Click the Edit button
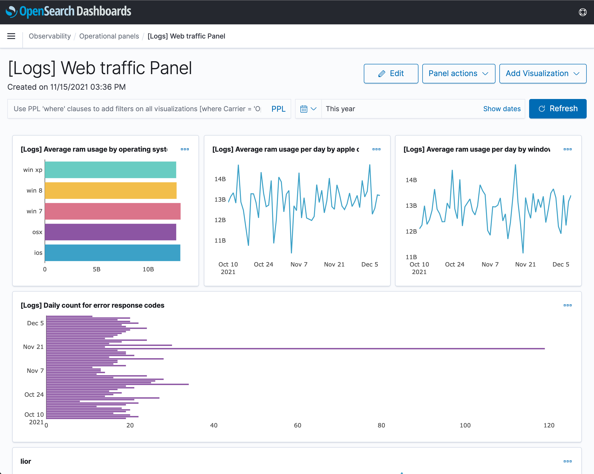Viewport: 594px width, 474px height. click(x=391, y=74)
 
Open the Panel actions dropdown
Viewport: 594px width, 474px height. click(x=458, y=74)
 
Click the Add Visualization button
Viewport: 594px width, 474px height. click(x=543, y=74)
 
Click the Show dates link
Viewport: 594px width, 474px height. click(x=502, y=109)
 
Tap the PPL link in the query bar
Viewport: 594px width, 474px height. click(x=278, y=109)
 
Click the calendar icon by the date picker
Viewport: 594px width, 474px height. click(x=304, y=109)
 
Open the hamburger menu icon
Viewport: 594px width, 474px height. click(x=11, y=36)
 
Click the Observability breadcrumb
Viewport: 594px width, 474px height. click(x=49, y=36)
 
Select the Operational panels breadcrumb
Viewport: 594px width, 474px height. click(x=109, y=36)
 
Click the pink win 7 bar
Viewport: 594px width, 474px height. click(x=113, y=211)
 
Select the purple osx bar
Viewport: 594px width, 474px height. click(x=110, y=232)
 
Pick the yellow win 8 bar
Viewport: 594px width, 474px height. click(x=110, y=191)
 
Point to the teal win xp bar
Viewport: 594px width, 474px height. click(x=110, y=170)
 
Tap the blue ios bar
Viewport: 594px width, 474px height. click(x=112, y=253)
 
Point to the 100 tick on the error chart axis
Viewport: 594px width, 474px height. click(x=465, y=425)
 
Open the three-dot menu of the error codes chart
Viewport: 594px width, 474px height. click(x=567, y=305)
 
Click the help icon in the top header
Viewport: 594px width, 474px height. click(x=583, y=12)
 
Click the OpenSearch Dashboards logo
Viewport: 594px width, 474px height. click(x=68, y=11)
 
